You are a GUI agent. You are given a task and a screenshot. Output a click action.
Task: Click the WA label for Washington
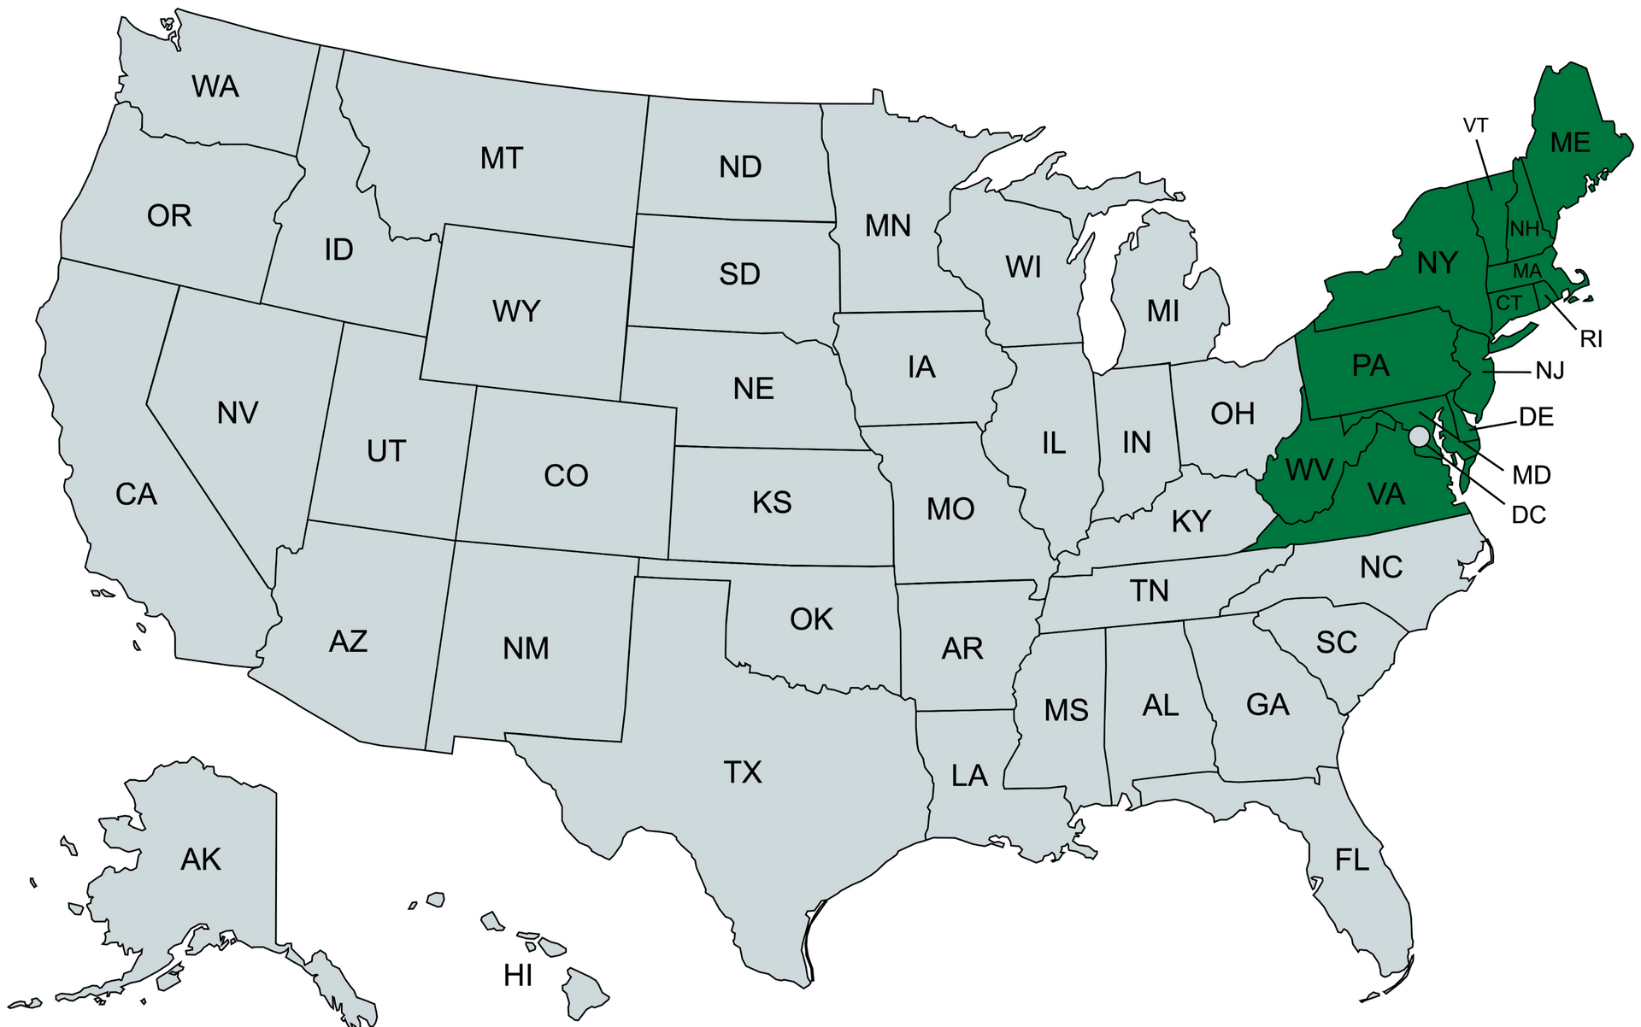click(x=215, y=87)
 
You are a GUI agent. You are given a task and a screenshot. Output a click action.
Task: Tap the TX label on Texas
click(x=743, y=772)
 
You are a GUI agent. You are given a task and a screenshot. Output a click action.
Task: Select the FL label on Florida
click(x=1352, y=860)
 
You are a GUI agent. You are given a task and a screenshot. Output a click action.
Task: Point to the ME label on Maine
click(x=1570, y=143)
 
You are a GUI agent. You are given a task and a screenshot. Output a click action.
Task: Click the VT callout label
click(x=1476, y=126)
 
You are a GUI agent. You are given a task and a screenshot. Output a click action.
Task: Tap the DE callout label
click(x=1536, y=417)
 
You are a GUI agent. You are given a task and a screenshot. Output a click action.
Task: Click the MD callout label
click(x=1532, y=475)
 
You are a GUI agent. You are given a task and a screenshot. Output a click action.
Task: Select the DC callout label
click(x=1529, y=515)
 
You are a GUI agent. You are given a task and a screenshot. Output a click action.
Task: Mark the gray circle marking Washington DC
click(x=1419, y=437)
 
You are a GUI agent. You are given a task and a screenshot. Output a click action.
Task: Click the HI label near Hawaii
click(x=518, y=975)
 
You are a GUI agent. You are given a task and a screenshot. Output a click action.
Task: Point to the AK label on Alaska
click(x=201, y=860)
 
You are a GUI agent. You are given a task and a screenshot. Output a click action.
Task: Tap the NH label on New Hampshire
click(x=1524, y=228)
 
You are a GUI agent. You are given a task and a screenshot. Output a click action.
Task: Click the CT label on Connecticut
click(x=1509, y=302)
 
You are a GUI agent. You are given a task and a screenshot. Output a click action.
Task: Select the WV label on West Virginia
click(x=1309, y=470)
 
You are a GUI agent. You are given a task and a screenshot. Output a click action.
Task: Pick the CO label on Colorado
click(x=566, y=476)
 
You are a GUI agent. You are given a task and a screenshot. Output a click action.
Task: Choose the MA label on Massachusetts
click(x=1527, y=272)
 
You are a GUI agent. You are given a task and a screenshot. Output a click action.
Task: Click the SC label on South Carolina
click(x=1337, y=643)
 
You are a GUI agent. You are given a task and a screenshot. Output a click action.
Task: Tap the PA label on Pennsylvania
click(x=1371, y=366)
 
